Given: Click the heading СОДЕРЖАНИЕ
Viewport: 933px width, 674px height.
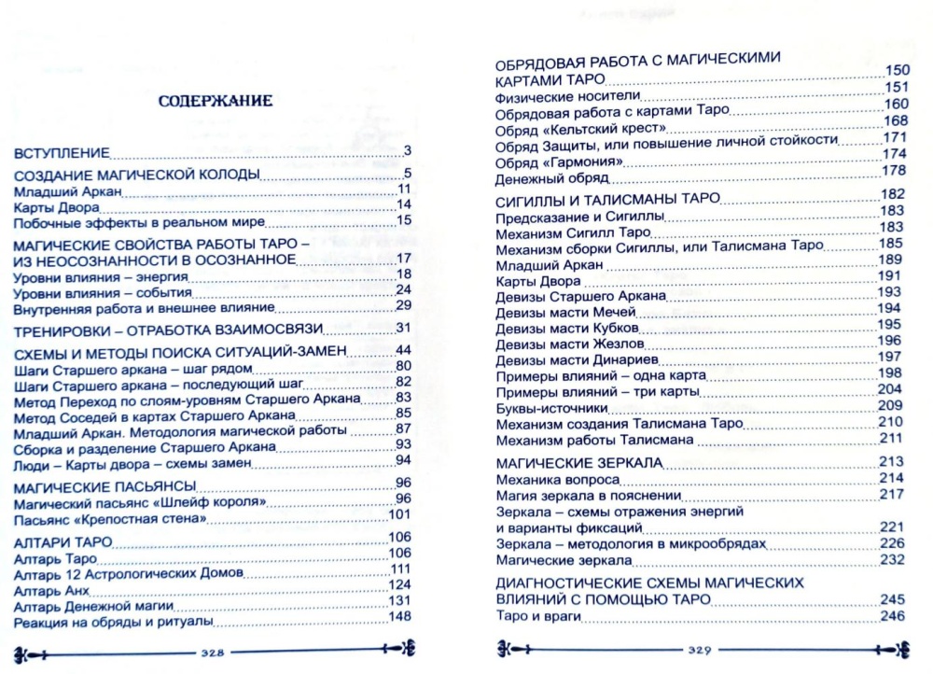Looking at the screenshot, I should coord(214,101).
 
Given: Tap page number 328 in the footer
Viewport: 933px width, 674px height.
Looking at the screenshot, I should coord(216,651).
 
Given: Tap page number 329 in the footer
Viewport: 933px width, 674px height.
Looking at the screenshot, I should coord(701,651).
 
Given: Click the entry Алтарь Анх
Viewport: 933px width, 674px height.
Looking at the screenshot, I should coord(52,592).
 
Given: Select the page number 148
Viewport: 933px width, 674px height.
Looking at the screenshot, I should coord(399,620).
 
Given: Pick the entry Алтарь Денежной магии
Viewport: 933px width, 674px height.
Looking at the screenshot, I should coord(88,606).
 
